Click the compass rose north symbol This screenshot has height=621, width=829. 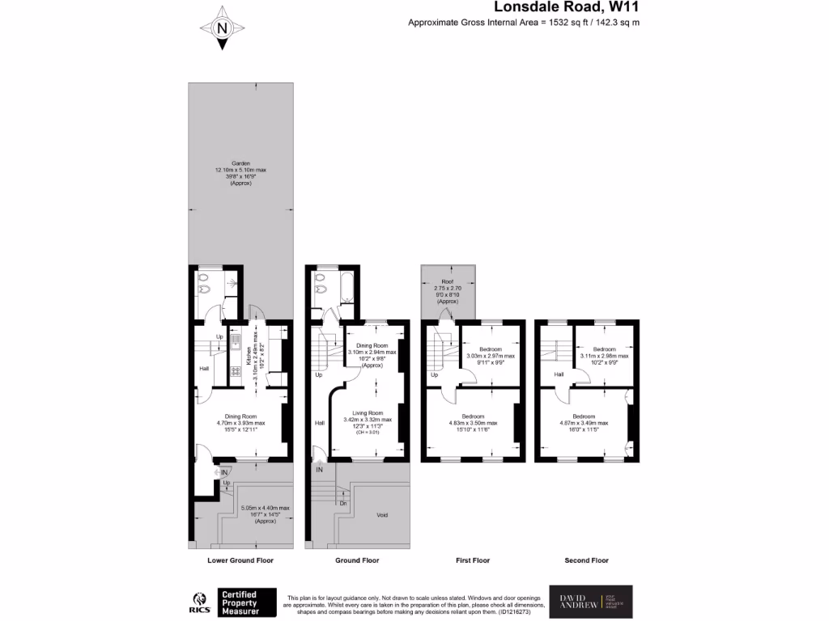click(222, 28)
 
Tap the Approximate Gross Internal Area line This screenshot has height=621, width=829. click(523, 23)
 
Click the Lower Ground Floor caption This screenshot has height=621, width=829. click(240, 560)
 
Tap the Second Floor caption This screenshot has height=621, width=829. click(586, 560)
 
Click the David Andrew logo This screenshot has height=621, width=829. click(591, 602)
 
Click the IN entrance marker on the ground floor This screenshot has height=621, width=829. click(320, 469)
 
